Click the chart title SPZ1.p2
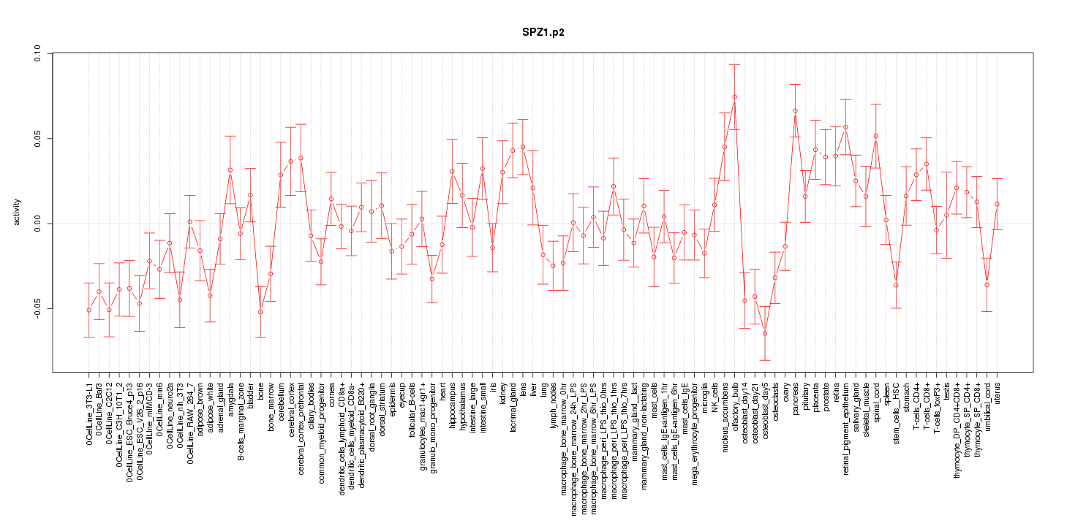click(x=543, y=33)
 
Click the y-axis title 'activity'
click(x=17, y=212)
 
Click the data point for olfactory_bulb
click(x=734, y=97)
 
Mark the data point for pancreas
click(x=795, y=111)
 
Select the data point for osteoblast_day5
click(x=765, y=334)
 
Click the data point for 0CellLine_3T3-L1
click(x=88, y=310)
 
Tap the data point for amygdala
click(x=230, y=170)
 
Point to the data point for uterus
click(x=997, y=204)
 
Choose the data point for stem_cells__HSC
click(x=896, y=285)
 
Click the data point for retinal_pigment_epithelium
click(x=845, y=127)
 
